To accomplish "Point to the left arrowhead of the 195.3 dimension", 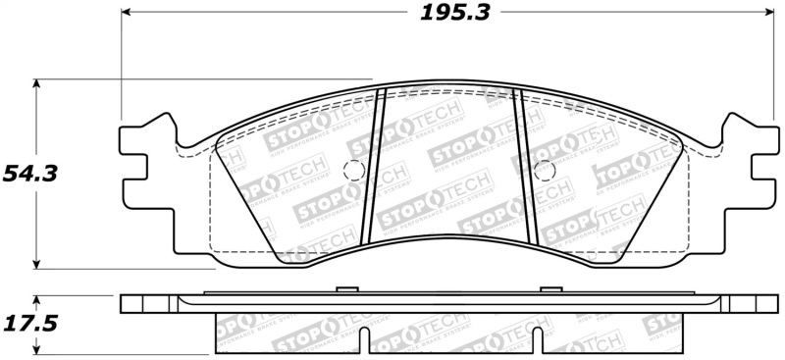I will click(127, 13).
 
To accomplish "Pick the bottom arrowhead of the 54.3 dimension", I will click(37, 262).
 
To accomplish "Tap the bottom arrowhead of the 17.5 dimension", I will click(37, 350).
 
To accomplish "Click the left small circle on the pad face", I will click(354, 169).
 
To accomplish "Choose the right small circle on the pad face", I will click(543, 169).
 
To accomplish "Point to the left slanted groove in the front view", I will click(375, 167).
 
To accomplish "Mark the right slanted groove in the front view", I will click(525, 167).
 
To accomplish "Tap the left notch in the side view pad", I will click(364, 343).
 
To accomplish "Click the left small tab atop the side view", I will click(343, 288).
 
